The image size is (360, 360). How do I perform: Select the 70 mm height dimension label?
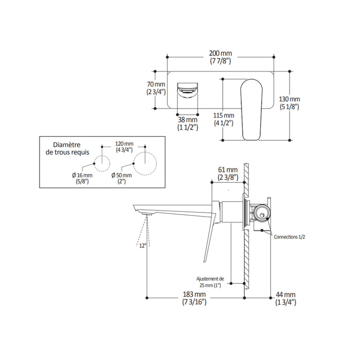point(156,88)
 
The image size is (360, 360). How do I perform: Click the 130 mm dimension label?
point(290,103)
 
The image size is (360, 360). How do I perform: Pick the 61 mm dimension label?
point(227,174)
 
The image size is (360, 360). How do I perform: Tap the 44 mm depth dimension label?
point(286,299)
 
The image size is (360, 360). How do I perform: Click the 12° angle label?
point(142,246)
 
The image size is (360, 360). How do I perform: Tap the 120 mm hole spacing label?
point(124,147)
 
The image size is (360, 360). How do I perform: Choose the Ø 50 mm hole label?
point(122,178)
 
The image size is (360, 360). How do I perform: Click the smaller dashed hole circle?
point(103,162)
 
